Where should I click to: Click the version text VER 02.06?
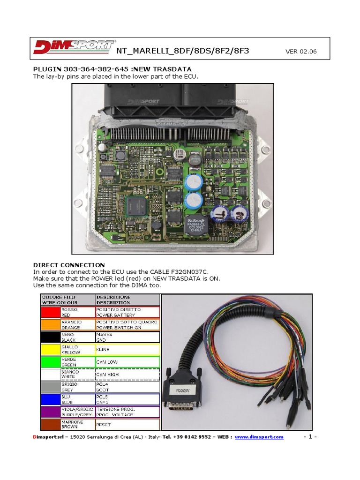[x=301, y=52]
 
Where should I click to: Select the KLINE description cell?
[x=127, y=350]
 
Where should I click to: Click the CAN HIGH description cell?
[x=127, y=375]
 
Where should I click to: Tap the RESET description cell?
[x=127, y=424]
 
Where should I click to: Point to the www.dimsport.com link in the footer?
[x=259, y=437]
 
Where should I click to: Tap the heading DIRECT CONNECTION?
[x=69, y=265]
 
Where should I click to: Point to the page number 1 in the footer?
[x=310, y=437]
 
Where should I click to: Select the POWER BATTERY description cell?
[x=127, y=313]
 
